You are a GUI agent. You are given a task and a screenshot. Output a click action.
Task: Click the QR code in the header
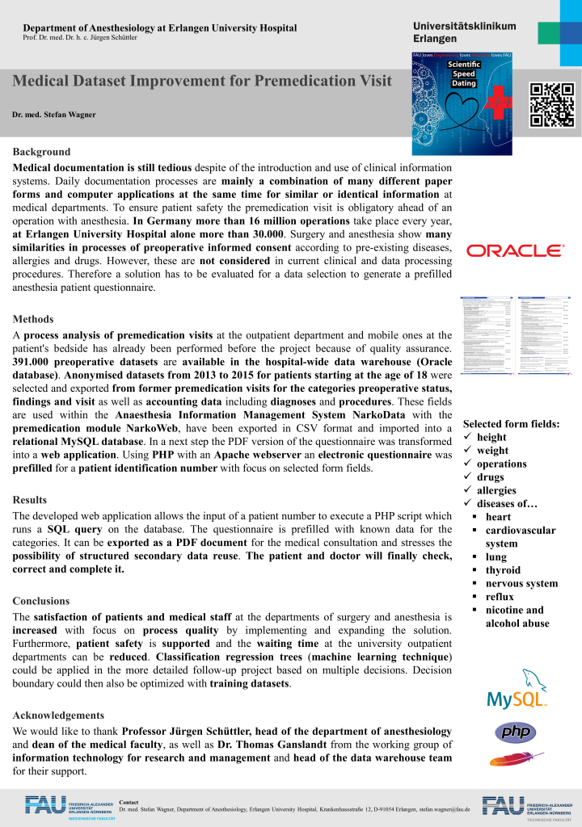point(551,104)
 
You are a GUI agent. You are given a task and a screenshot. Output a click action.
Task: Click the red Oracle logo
point(516,251)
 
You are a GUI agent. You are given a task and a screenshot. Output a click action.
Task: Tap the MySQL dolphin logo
point(516,690)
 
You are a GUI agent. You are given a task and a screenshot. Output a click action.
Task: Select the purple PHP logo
point(515,733)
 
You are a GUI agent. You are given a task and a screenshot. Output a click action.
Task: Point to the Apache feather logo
point(516,759)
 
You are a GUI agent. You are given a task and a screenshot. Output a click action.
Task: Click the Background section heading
point(41,152)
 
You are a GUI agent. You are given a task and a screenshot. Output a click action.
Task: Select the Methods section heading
point(33,319)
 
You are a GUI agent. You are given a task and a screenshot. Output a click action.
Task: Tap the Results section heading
point(30,500)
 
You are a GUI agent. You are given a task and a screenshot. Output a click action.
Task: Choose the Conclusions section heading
point(40,601)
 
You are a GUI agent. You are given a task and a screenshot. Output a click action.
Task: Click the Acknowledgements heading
point(58,716)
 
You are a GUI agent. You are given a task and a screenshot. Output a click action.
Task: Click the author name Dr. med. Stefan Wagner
point(54,115)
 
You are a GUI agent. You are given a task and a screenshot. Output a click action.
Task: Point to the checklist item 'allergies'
point(496,490)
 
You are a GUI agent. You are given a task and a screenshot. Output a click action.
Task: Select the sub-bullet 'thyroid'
point(502,570)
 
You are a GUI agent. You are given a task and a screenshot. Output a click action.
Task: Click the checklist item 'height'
point(491,437)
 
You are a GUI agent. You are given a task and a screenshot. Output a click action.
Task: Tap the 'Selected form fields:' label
point(511,424)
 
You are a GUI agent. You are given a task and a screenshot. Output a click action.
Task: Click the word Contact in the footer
point(129,802)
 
